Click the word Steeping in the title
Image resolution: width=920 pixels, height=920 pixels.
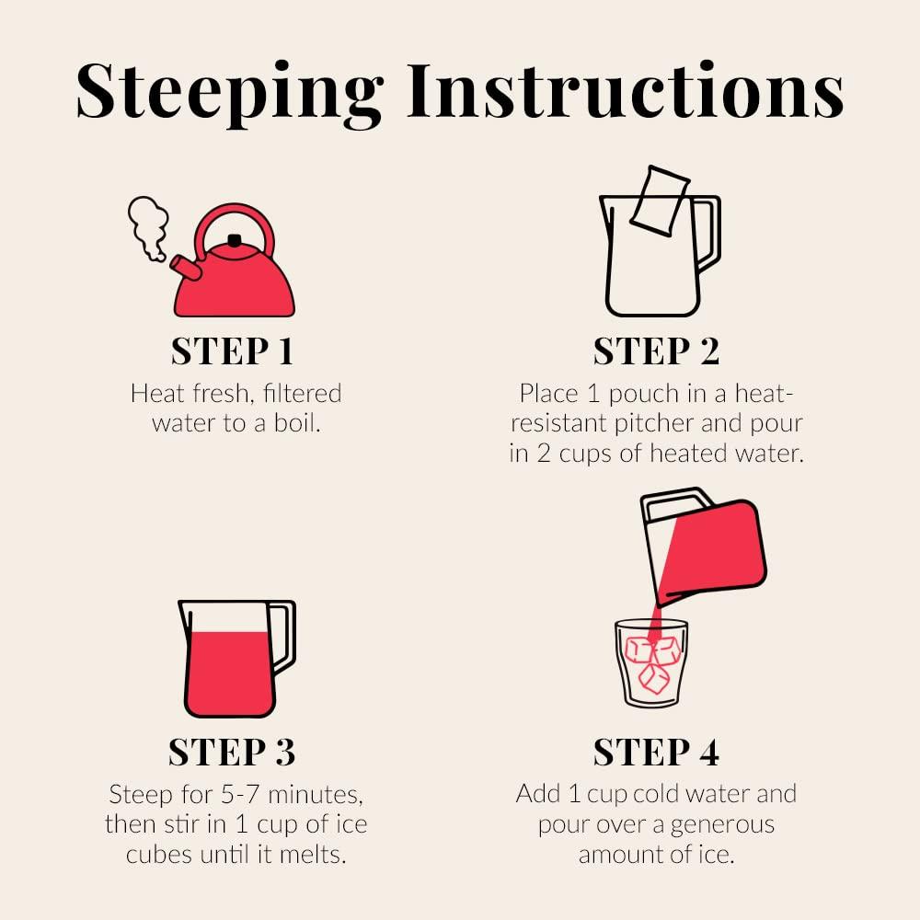tap(229, 94)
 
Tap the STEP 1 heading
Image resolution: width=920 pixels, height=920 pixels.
tap(233, 351)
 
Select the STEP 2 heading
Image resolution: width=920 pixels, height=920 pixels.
tap(657, 351)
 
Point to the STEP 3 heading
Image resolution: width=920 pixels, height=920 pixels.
tap(232, 753)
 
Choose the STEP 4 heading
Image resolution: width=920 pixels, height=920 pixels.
tap(657, 753)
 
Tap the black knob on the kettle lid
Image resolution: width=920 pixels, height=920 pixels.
tap(235, 240)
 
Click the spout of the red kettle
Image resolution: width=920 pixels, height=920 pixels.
tap(186, 268)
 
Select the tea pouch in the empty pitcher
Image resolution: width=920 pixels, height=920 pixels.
tap(661, 201)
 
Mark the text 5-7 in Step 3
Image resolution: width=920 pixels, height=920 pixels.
tap(239, 795)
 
